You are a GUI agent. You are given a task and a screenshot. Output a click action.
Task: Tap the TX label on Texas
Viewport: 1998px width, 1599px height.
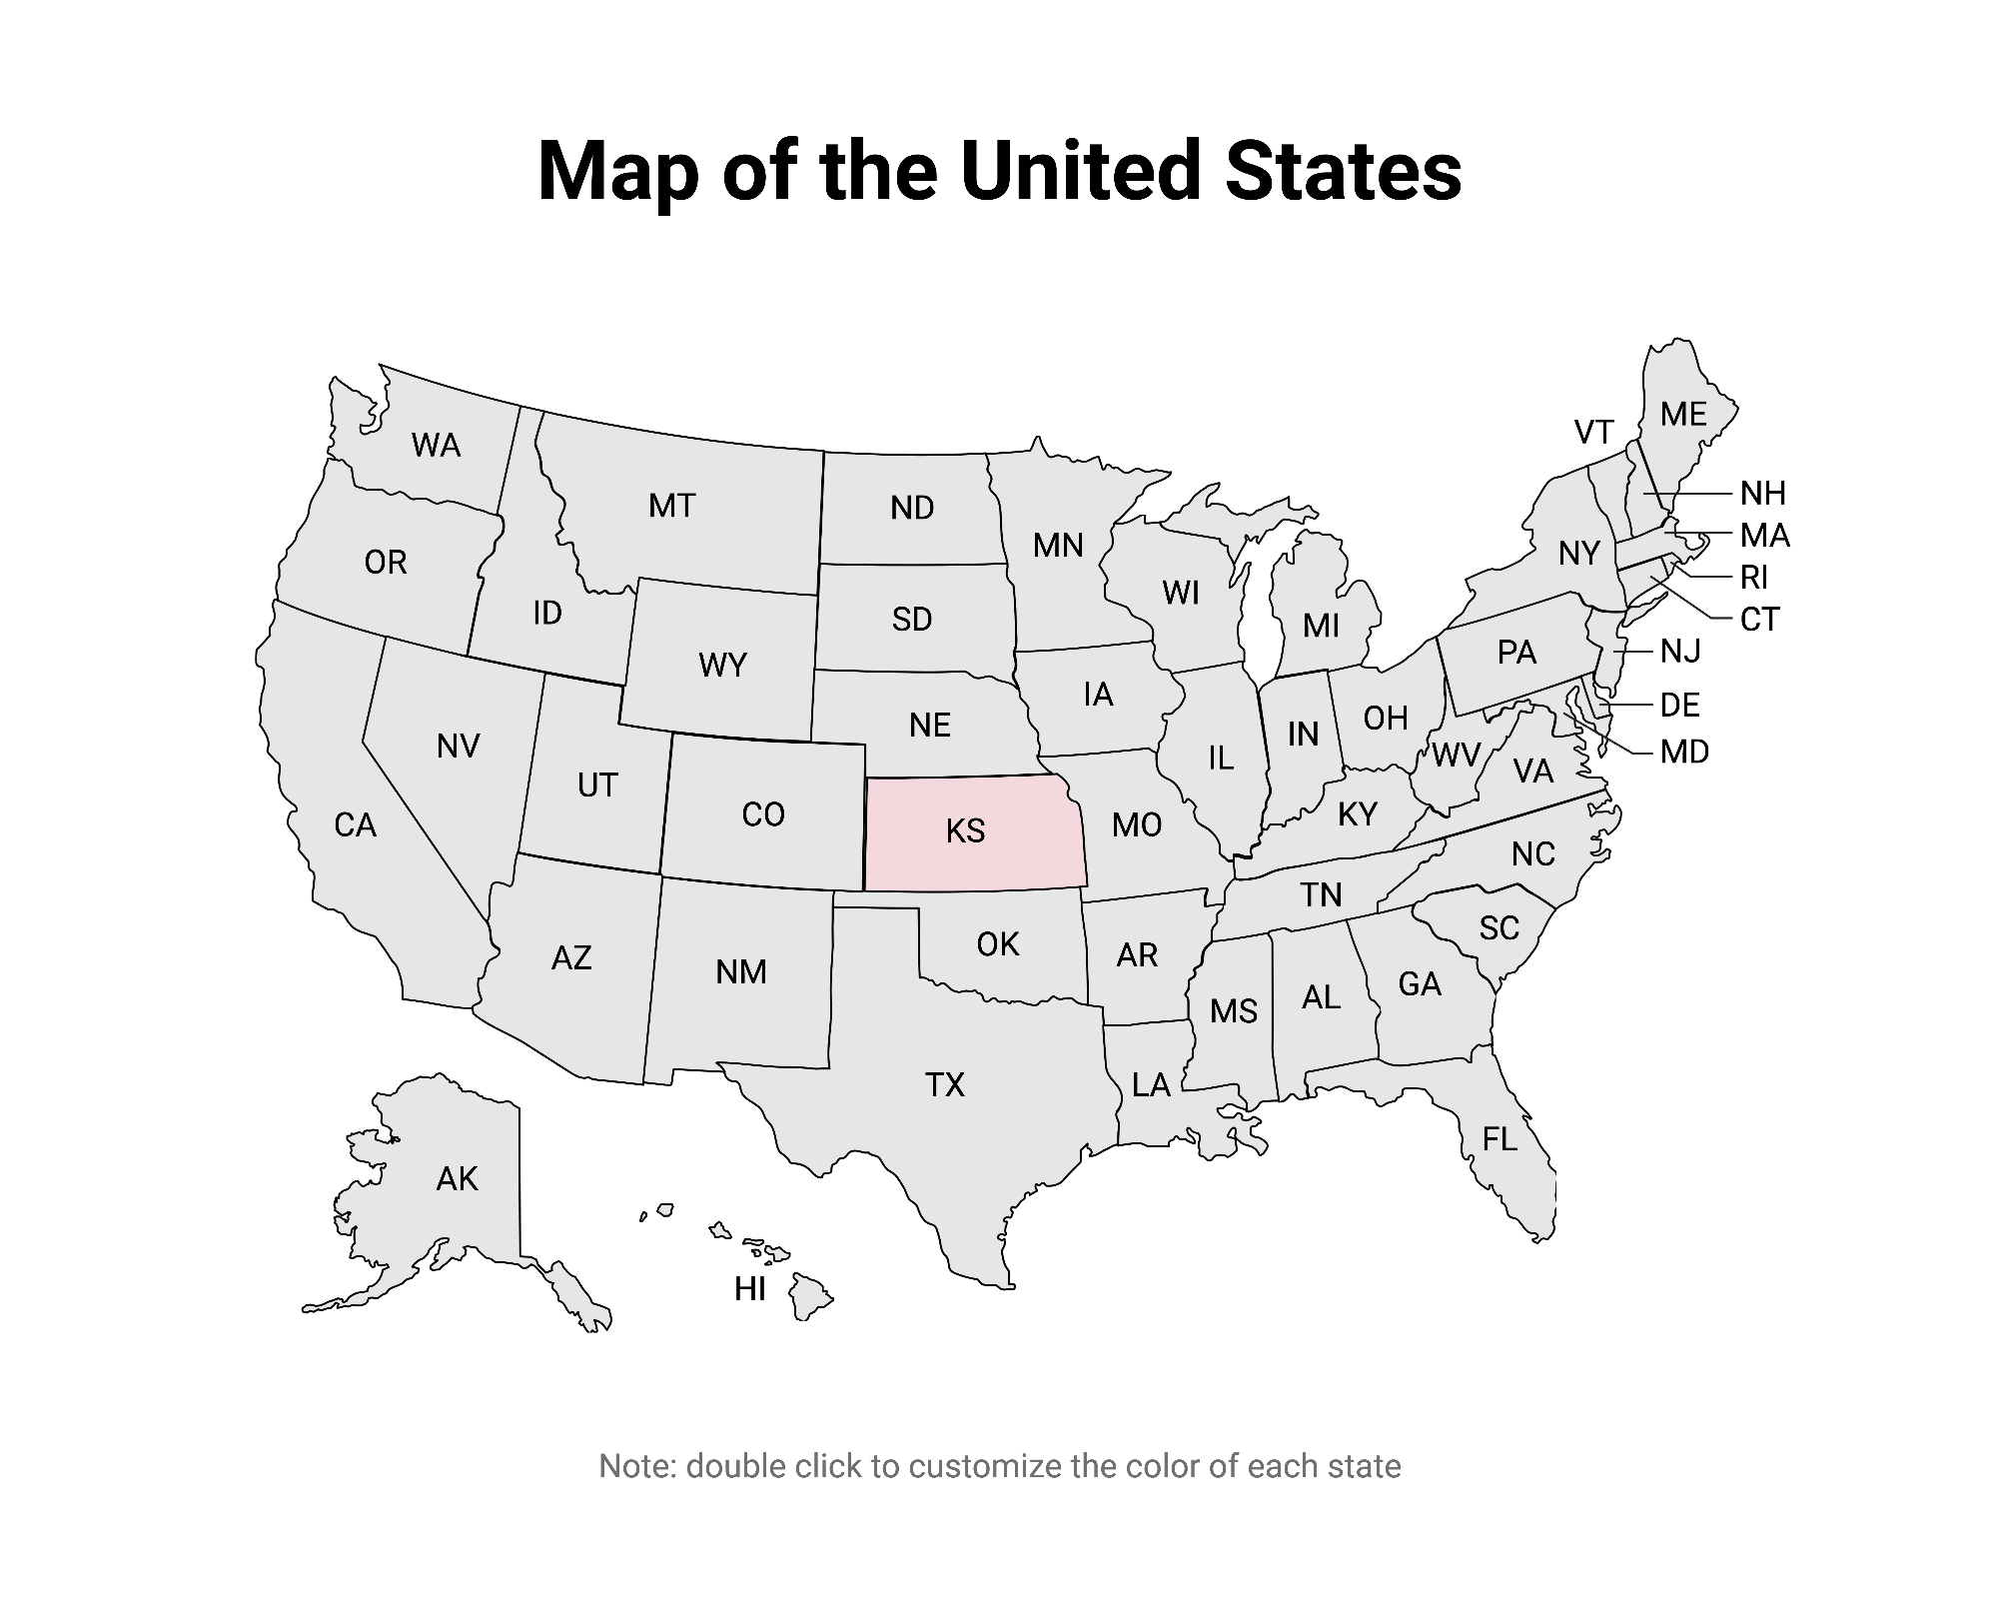(944, 1084)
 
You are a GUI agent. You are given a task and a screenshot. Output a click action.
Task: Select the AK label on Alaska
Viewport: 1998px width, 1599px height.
(457, 1179)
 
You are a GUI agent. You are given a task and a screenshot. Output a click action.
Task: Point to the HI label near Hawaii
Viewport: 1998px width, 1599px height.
(749, 1289)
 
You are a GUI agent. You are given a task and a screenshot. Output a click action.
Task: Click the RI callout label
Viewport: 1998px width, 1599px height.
(1753, 578)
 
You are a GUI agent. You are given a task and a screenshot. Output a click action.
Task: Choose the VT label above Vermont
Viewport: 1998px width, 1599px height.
(1593, 432)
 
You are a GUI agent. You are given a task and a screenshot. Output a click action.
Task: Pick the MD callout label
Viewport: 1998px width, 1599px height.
(1684, 752)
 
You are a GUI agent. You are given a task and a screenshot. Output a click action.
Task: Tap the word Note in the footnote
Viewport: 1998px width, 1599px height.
(636, 1466)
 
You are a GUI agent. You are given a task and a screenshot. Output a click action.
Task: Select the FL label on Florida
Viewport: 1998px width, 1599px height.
(1499, 1138)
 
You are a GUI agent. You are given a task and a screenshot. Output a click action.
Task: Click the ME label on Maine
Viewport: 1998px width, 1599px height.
(1683, 414)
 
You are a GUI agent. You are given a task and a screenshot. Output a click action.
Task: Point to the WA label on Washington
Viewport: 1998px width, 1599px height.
(436, 445)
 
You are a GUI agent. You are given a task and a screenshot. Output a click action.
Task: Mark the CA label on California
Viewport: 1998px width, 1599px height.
(355, 825)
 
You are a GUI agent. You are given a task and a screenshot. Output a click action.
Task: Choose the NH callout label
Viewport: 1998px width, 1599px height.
(1762, 494)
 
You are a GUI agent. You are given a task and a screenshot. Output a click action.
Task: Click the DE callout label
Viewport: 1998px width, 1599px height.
(1679, 706)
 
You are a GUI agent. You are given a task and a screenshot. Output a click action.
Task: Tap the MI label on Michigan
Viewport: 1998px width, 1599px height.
(1321, 626)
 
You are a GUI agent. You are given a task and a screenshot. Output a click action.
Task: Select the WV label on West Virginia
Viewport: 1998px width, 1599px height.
(1455, 756)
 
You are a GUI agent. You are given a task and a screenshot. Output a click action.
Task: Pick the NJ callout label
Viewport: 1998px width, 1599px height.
(1679, 652)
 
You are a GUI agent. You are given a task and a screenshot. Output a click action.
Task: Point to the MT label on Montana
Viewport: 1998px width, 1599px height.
(671, 506)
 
